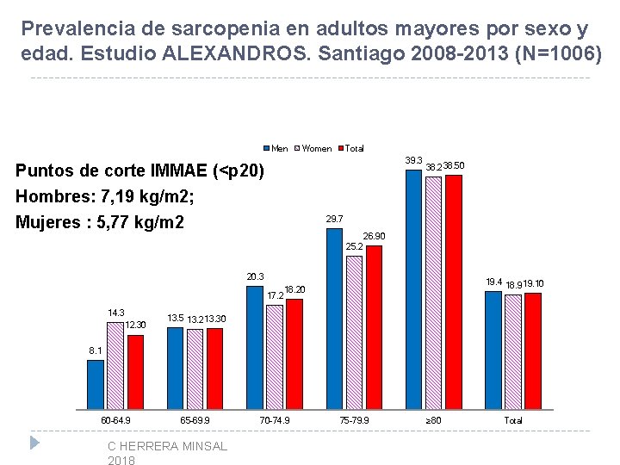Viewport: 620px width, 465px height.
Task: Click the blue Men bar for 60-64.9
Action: [96, 385]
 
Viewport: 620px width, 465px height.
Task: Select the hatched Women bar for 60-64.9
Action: [115, 366]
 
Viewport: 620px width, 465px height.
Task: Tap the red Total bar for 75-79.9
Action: [374, 327]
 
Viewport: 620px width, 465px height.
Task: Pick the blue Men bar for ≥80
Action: [413, 290]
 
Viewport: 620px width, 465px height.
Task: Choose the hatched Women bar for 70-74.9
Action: [275, 357]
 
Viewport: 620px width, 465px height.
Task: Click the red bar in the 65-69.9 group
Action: [214, 369]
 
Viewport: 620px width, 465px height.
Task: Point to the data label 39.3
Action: [413, 160]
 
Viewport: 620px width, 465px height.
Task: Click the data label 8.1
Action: [96, 350]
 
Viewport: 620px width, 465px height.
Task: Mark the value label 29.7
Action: [334, 219]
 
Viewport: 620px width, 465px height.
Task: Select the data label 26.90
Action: [374, 236]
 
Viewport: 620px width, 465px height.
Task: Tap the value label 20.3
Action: [255, 276]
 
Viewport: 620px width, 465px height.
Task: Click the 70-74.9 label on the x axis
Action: [275, 420]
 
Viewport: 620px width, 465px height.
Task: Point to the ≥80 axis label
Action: [433, 420]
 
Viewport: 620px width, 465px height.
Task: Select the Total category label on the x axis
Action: [513, 420]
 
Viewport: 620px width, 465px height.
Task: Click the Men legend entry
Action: [276, 149]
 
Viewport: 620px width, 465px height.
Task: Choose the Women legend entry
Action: [313, 149]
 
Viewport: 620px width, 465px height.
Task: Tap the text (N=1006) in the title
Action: [558, 53]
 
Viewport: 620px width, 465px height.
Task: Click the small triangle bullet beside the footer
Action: [34, 443]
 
